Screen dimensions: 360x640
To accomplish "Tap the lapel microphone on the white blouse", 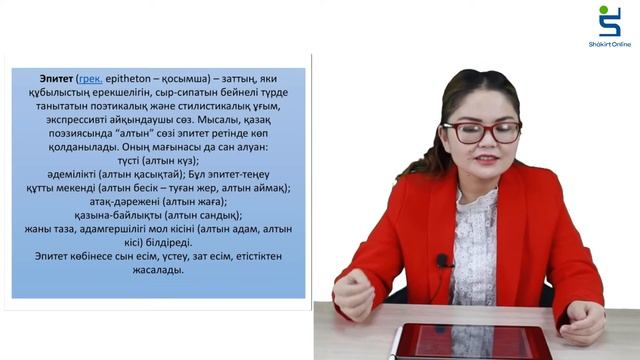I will coord(442,261).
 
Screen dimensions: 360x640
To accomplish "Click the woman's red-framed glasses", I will coord(481,131).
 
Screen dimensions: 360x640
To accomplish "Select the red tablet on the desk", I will coord(469,342).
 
